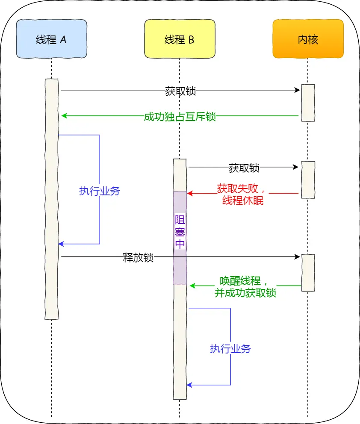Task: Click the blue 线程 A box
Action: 51,39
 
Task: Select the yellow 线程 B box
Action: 180,39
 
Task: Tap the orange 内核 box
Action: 308,39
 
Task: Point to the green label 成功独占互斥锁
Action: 180,116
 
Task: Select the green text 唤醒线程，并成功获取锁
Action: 245,286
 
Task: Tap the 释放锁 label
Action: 138,258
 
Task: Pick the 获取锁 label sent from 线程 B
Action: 244,168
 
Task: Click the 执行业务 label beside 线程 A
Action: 100,191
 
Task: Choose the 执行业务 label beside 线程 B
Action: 230,348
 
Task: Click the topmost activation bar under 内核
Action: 308,103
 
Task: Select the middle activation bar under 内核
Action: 308,180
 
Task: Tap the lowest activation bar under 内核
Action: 308,273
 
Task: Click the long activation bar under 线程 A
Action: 51,199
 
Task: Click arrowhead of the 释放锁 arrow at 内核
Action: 298,257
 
